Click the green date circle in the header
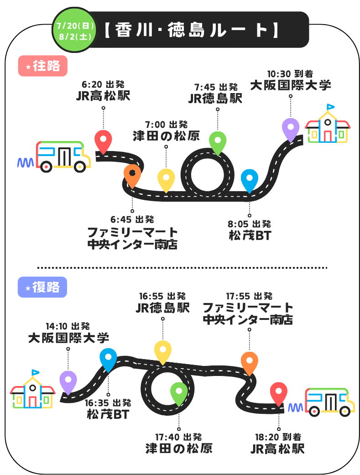coord(74,30)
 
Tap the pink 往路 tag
coord(43,66)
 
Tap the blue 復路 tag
coord(42,287)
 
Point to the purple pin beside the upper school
coord(291,129)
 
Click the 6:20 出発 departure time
coord(103,84)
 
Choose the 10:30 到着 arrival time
coord(290,73)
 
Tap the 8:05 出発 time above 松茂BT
coord(249,224)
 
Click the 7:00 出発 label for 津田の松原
coord(166,125)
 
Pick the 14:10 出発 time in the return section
coord(68,326)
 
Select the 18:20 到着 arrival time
coord(278,437)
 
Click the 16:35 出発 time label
coord(108,403)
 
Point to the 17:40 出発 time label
coord(178,437)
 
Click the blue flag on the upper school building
coord(330,107)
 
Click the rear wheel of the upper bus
coord(47,167)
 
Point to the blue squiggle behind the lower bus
coord(296,408)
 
